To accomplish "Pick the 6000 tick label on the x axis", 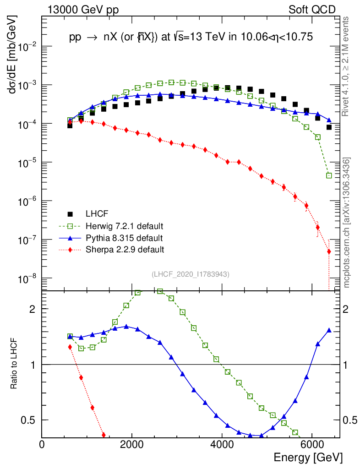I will (x=312, y=444).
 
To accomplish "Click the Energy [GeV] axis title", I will (x=308, y=458).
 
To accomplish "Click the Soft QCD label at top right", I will (x=312, y=10).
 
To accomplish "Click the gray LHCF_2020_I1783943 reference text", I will (x=191, y=274).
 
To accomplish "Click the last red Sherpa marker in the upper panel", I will (x=329, y=251).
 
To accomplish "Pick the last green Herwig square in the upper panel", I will (x=329, y=175).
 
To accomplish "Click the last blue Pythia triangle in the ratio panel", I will (x=329, y=330).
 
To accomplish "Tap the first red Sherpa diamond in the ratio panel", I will (x=70, y=347).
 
